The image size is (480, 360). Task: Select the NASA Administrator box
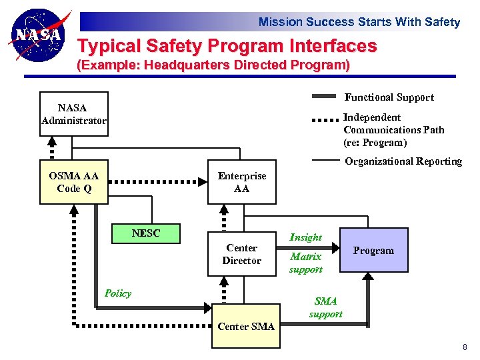[x=73, y=114]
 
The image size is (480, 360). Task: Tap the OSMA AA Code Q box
[x=73, y=182]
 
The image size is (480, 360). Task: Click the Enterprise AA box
[x=241, y=182]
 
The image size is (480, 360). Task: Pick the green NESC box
[x=146, y=233]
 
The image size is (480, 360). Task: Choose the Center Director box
[x=241, y=254]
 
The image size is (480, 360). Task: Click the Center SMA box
[x=245, y=326]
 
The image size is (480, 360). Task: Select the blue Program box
[x=373, y=251]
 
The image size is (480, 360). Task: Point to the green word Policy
[x=118, y=293]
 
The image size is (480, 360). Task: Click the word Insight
[x=305, y=237]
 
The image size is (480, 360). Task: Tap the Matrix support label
[x=305, y=263]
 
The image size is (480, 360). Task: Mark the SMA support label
[x=326, y=307]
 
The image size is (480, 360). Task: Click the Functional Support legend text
[x=389, y=97]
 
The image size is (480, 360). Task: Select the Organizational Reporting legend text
[x=403, y=161]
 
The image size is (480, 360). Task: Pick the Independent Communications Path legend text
[x=393, y=130]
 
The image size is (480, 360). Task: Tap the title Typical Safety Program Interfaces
[x=227, y=47]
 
